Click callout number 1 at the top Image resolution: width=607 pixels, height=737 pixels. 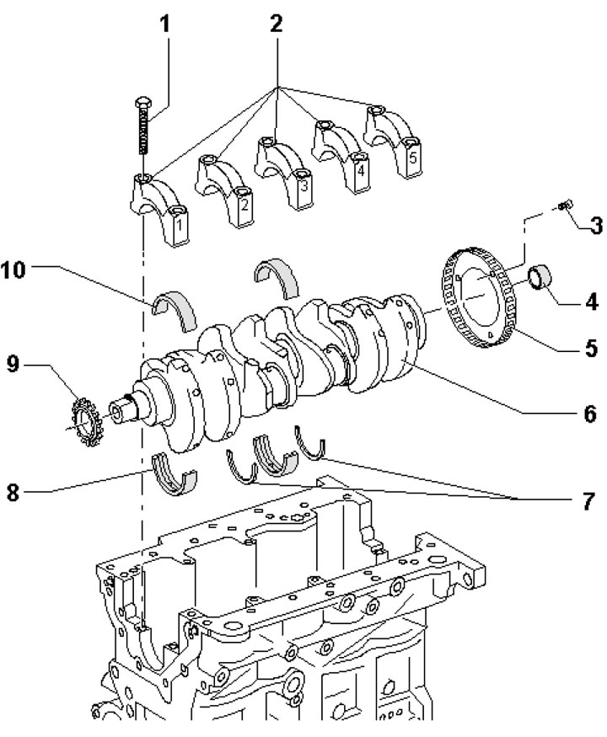click(164, 24)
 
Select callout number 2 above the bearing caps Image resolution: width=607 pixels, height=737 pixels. click(277, 24)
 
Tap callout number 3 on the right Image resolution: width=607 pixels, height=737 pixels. click(596, 226)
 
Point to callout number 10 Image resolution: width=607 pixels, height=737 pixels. click(13, 270)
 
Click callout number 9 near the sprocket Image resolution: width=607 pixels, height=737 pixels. click(13, 364)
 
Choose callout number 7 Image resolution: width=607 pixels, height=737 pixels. click(588, 501)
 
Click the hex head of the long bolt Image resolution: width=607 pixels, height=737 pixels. click(143, 102)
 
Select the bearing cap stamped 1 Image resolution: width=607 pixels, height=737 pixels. click(160, 208)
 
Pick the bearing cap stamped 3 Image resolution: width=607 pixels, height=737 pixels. click(284, 173)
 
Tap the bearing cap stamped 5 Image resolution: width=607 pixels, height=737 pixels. click(392, 141)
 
